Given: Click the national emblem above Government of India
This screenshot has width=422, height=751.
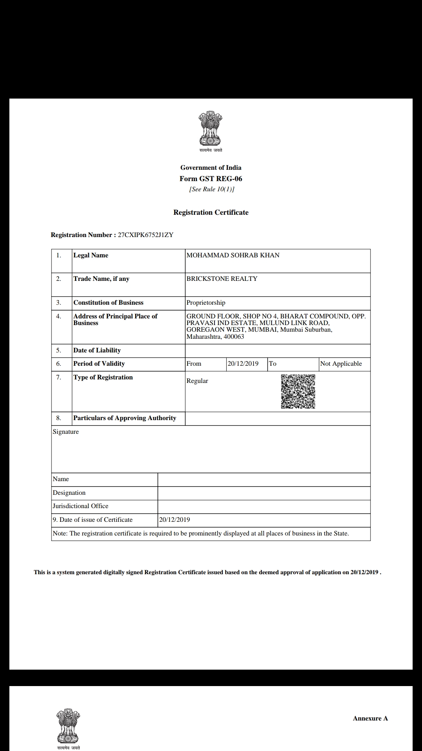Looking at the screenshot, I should tap(211, 129).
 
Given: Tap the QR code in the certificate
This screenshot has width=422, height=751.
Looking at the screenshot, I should tap(298, 392).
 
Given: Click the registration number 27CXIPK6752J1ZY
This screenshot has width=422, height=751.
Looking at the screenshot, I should tap(145, 235).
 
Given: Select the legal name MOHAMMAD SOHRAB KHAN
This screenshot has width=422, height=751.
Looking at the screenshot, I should tap(233, 255).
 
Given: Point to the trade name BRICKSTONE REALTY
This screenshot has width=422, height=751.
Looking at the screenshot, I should tap(222, 279).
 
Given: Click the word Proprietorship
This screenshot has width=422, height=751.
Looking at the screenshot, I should tap(206, 303).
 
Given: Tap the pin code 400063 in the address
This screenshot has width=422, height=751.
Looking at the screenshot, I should tap(234, 337).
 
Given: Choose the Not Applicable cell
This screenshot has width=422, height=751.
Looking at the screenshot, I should tap(341, 364).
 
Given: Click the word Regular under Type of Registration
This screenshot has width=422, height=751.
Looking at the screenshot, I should tap(197, 381).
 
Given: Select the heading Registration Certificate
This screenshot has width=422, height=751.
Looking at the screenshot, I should tap(211, 212).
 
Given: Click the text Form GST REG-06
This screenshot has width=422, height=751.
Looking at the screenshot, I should tap(211, 179).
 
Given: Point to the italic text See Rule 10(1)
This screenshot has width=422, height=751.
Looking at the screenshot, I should tap(211, 189).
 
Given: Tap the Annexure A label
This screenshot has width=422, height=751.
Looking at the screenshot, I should tap(370, 718).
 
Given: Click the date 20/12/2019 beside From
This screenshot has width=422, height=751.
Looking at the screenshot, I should tap(243, 364).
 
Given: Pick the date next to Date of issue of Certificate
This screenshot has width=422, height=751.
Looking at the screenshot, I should tap(175, 520).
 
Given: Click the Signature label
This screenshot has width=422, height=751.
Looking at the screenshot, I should tap(66, 432).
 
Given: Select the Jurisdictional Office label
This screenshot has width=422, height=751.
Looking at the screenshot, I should tap(80, 506).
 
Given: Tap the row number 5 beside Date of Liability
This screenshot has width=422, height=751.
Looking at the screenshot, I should tap(59, 350).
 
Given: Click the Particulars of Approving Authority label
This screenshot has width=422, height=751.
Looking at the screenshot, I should tap(125, 418).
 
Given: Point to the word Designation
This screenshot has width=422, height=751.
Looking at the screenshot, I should tap(69, 493).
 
